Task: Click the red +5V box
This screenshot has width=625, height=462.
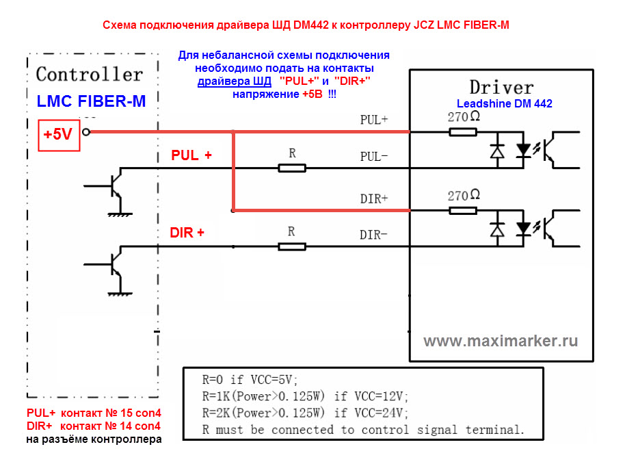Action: click(x=57, y=135)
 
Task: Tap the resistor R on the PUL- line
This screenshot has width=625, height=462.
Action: click(x=292, y=168)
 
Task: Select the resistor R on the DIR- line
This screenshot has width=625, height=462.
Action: click(x=291, y=246)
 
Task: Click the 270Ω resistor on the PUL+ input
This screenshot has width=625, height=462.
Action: click(x=463, y=131)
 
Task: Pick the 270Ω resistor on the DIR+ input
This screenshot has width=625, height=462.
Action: click(x=463, y=210)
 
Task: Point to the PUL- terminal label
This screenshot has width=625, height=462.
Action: click(x=374, y=156)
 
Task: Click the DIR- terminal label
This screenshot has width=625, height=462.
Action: click(x=374, y=235)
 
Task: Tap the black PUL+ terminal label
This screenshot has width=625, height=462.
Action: click(x=374, y=119)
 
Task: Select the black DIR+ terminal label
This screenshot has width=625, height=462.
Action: click(x=374, y=198)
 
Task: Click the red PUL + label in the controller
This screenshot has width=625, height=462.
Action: click(x=191, y=155)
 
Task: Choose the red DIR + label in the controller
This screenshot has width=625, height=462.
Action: click(x=187, y=233)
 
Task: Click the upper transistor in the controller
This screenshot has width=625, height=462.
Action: click(x=112, y=186)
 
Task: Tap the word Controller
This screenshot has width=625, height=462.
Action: click(x=89, y=74)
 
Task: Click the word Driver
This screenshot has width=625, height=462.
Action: click(x=501, y=88)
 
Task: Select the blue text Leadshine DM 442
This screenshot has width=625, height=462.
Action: click(x=504, y=104)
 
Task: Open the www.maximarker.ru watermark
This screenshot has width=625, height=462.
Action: click(x=501, y=341)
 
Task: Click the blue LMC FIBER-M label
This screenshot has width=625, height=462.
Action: click(x=91, y=101)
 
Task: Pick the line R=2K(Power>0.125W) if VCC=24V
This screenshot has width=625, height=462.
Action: click(x=306, y=413)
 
